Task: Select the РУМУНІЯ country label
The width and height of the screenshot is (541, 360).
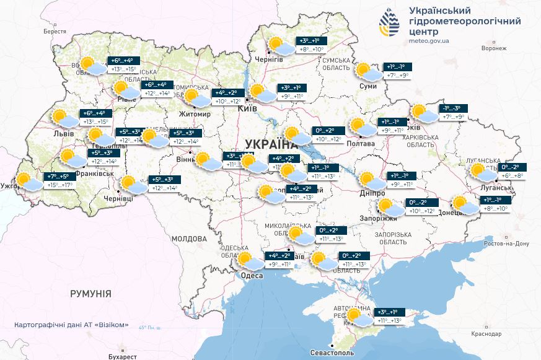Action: [x=90, y=293]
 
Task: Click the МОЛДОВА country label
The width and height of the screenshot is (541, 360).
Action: [x=189, y=238]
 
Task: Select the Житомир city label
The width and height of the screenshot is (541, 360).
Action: [x=195, y=115]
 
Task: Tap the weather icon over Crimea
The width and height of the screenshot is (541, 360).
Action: [x=358, y=318]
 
